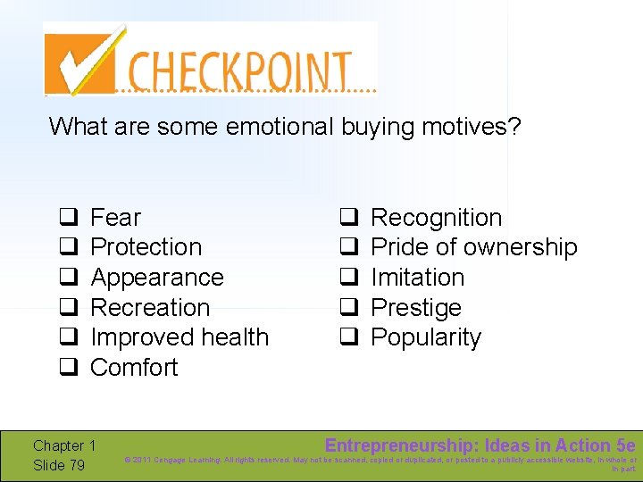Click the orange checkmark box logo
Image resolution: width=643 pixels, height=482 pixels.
pos(82,60)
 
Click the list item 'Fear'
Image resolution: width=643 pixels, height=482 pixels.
pos(115,218)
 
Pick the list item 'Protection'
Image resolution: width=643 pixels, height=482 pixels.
pos(146,247)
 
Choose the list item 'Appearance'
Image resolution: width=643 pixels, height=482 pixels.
pos(156,278)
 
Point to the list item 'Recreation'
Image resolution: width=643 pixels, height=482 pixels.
pos(150,308)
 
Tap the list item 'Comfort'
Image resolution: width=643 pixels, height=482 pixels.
pos(134,368)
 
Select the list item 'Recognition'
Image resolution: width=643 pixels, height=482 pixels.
pos(436,218)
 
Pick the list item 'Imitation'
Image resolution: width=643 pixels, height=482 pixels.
pos(417,278)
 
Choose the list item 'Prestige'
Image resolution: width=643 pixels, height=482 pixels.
pos(415,308)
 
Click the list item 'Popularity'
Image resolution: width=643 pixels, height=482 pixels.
pos(425,338)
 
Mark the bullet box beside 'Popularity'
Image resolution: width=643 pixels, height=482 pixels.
pos(348,337)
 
